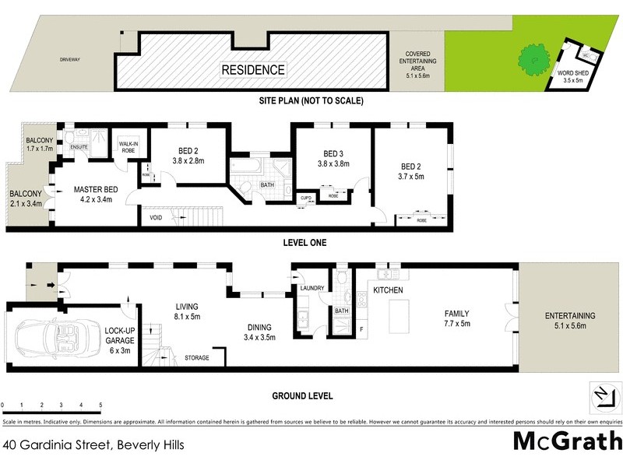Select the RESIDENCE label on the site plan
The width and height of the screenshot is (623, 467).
(253, 70)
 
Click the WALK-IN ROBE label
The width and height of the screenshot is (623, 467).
(128, 148)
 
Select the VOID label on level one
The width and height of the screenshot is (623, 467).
(156, 217)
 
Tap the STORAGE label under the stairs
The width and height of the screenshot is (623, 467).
(196, 358)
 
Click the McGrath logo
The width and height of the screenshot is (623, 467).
(565, 441)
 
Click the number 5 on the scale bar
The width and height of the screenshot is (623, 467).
(100, 406)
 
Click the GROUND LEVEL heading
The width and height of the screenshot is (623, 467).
(302, 395)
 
